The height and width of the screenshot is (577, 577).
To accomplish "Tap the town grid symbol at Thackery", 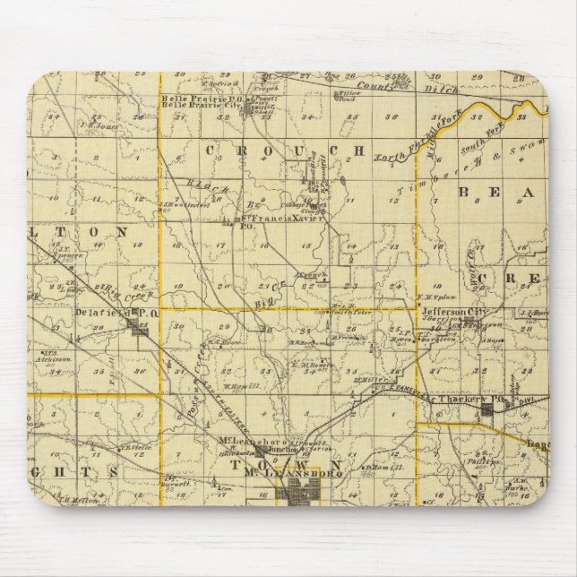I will pos(489,409).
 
